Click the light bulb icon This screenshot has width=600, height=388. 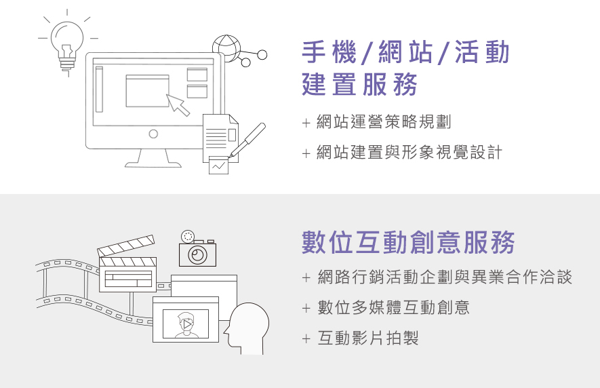click(67, 42)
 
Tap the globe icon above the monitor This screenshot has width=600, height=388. click(226, 48)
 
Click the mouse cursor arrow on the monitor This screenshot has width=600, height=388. click(178, 104)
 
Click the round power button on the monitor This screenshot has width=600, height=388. click(153, 134)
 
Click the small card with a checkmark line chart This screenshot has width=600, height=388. click(218, 165)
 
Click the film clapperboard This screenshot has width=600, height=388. click(127, 265)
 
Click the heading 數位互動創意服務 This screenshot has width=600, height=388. click(408, 242)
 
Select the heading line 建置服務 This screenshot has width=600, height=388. click(359, 85)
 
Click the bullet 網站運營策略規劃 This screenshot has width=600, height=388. click(384, 123)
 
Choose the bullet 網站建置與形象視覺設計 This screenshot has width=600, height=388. click(409, 153)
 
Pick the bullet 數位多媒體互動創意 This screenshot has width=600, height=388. click(394, 307)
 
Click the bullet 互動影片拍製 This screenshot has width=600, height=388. click(368, 338)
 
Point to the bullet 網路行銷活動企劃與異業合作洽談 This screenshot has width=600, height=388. click(445, 277)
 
